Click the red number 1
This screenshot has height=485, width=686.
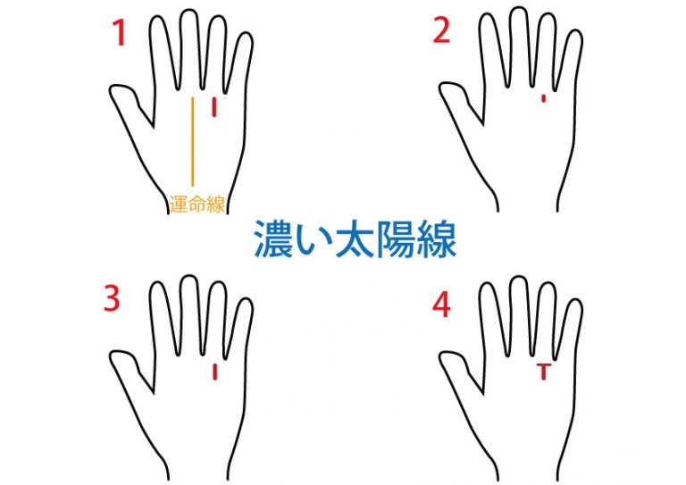120,33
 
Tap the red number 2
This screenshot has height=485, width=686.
441,30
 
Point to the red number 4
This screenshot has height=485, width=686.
441,305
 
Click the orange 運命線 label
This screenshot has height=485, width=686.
197,205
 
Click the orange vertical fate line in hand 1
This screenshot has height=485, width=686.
193,141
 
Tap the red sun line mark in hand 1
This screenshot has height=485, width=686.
214,107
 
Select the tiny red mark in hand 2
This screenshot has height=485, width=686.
543,98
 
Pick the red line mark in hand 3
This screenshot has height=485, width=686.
214,372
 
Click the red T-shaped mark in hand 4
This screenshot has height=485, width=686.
543,371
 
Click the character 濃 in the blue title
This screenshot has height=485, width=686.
272,239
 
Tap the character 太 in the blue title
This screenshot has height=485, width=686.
353,239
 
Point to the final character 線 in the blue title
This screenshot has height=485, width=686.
436,239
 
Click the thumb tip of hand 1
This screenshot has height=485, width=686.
112,91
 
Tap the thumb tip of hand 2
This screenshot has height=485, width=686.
442,88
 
